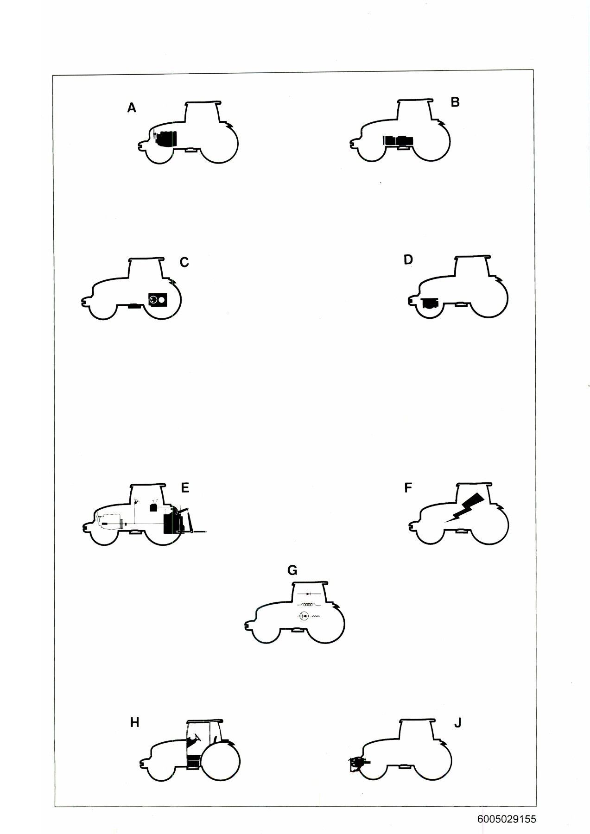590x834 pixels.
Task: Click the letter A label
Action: [132, 108]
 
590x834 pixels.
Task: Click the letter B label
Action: [455, 102]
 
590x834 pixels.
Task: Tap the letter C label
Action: [184, 263]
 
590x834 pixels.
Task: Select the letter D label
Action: [408, 260]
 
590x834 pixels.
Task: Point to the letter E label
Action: [185, 488]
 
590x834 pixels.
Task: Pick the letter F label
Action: [408, 488]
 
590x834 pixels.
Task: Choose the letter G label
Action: [292, 570]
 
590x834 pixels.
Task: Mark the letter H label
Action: [134, 722]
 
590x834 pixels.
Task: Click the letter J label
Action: [457, 723]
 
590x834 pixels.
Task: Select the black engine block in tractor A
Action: [166, 139]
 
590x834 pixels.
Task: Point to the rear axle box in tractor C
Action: [158, 300]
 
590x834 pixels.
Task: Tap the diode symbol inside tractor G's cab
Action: [309, 594]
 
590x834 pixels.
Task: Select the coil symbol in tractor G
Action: [309, 604]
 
